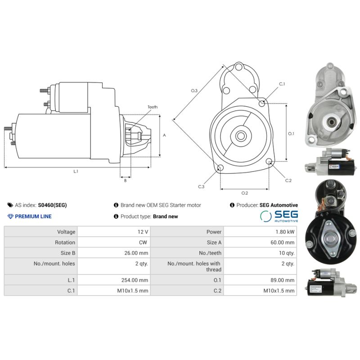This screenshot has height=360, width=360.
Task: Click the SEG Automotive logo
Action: pos(279,216)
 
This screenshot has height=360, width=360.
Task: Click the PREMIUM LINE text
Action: pos(33,216)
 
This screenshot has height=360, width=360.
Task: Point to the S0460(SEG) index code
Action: pos(52,205)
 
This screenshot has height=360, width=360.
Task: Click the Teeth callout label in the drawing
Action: pos(153,107)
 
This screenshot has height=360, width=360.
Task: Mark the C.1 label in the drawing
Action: pos(282,84)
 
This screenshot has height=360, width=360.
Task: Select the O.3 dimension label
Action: pos(194,91)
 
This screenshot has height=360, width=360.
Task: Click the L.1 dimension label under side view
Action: pos(76,171)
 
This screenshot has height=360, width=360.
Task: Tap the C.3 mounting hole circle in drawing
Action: pos(220,168)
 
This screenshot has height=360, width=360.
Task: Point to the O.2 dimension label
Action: pos(244,193)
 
